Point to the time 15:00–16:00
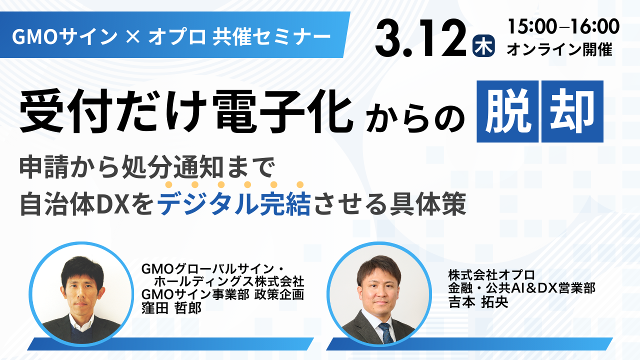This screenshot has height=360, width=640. pyautogui.click(x=563, y=26)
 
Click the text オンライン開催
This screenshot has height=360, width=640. pyautogui.click(x=559, y=49)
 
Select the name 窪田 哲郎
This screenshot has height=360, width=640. pyautogui.click(x=171, y=307)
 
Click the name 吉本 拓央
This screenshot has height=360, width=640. pyautogui.click(x=477, y=303)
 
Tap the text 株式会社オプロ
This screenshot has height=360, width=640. pyautogui.click(x=491, y=274)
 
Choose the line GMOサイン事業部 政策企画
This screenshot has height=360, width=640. pyautogui.click(x=222, y=294)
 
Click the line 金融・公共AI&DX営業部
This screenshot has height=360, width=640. pyautogui.click(x=521, y=288)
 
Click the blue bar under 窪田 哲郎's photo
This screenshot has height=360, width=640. pyautogui.click(x=170, y=343)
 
